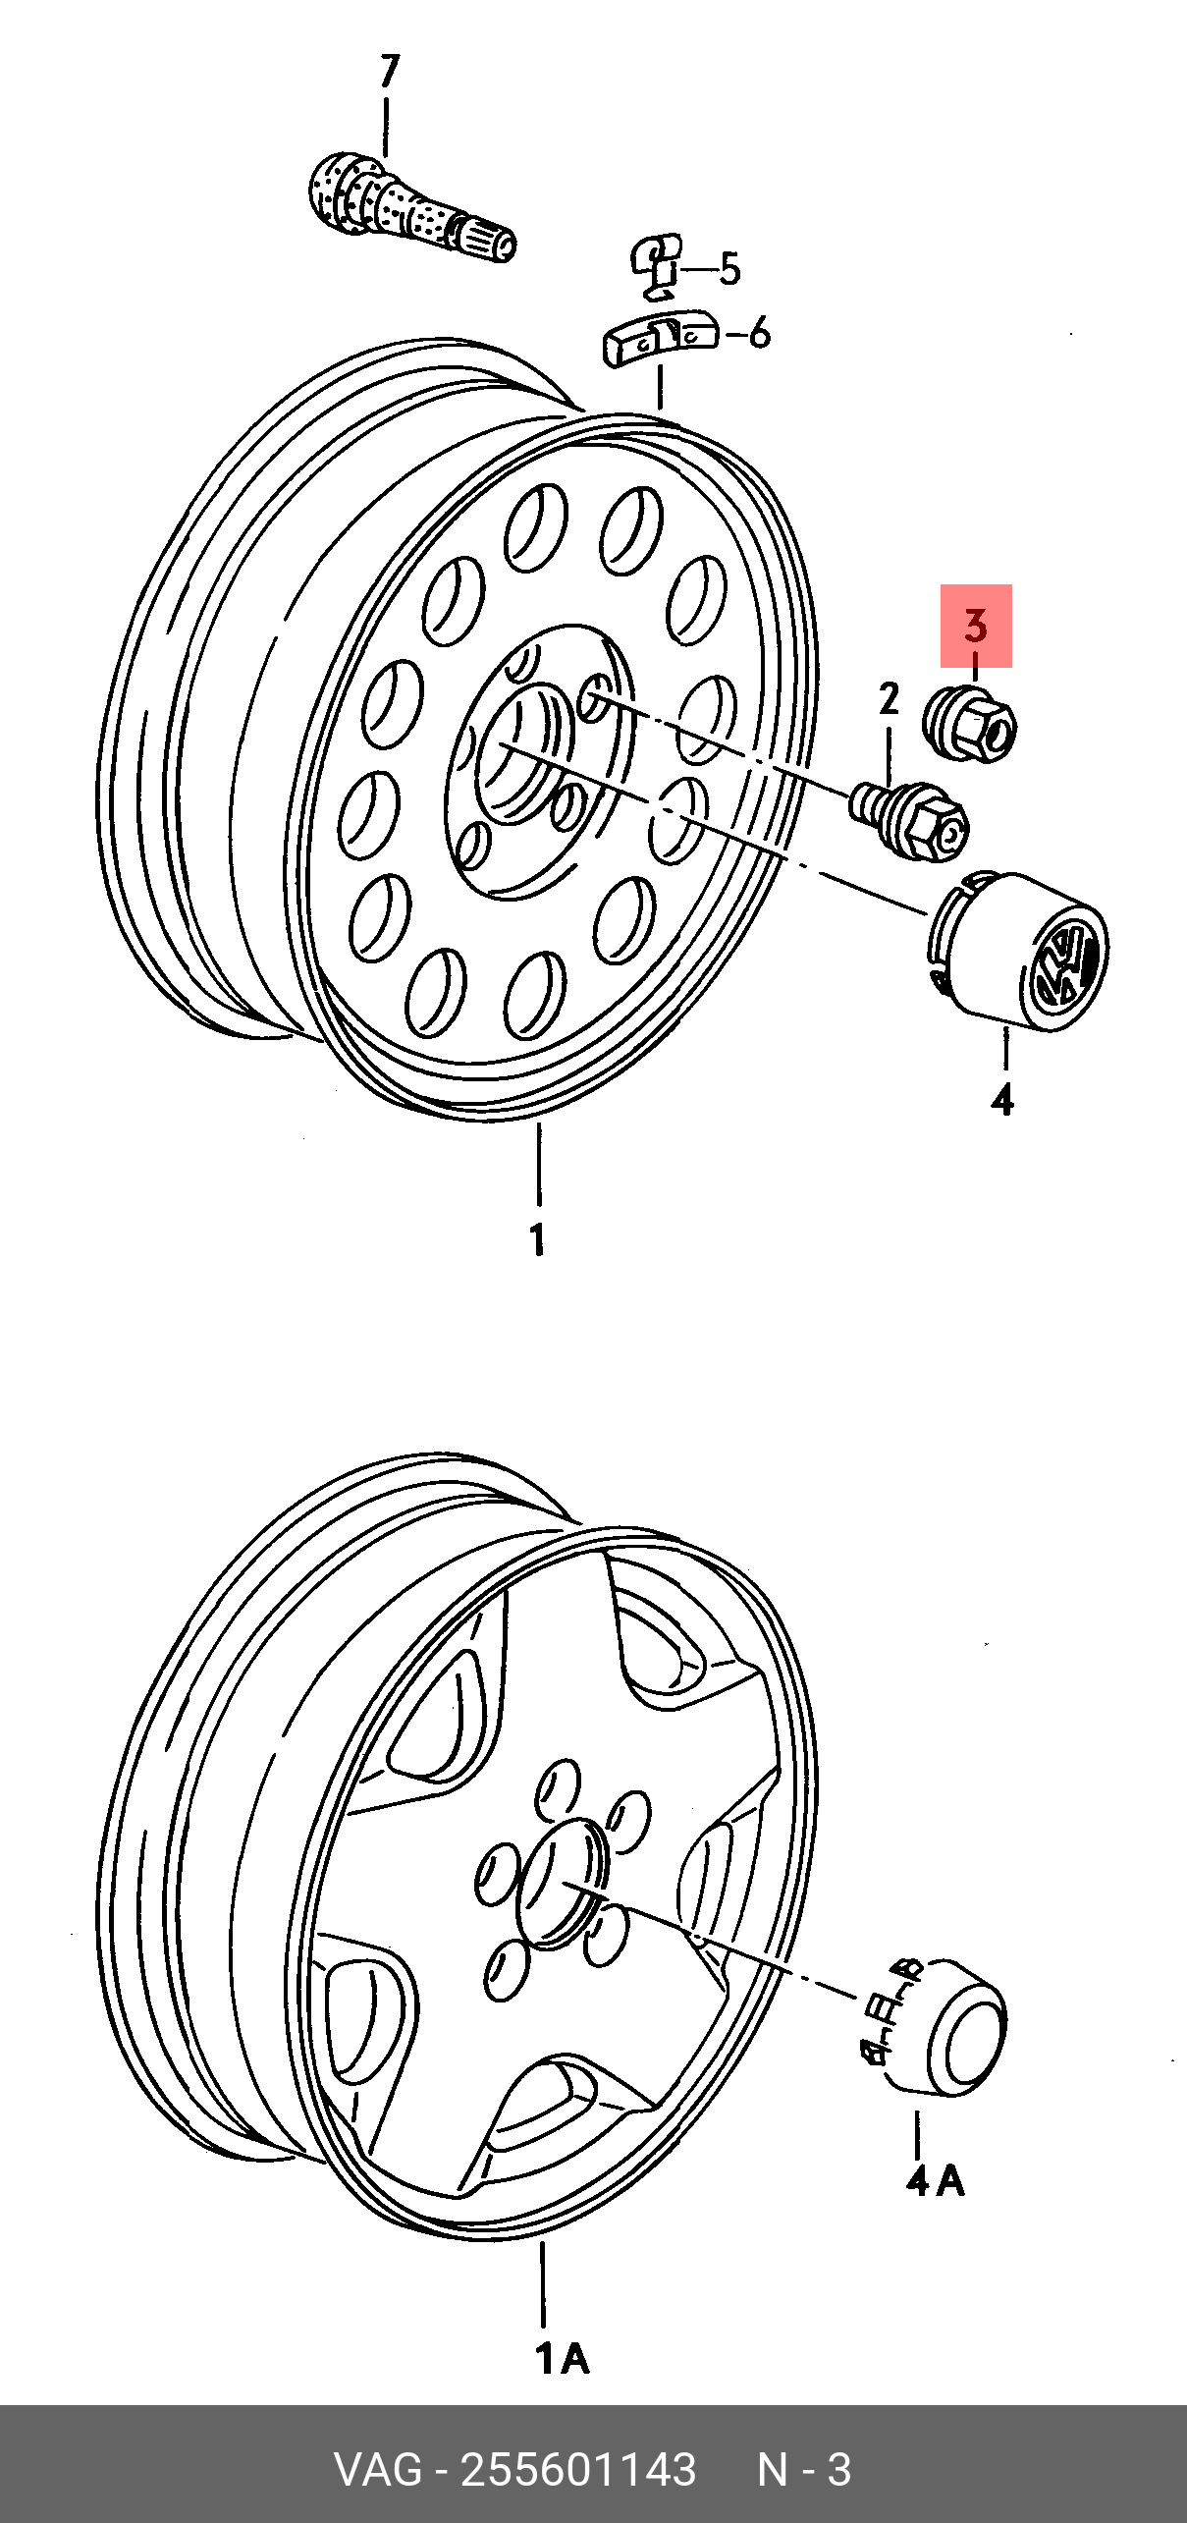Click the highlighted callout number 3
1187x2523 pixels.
(x=975, y=626)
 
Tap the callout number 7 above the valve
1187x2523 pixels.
(x=390, y=72)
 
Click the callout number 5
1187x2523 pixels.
(x=729, y=268)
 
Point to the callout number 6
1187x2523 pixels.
(x=759, y=334)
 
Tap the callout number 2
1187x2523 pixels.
(x=889, y=698)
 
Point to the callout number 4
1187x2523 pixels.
(x=1002, y=1100)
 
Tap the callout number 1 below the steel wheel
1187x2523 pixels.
(x=538, y=1239)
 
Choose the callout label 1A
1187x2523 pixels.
(x=563, y=2358)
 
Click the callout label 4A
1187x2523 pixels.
(x=936, y=2181)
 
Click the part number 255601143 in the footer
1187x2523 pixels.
(x=578, y=2469)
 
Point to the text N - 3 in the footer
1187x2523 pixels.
(x=804, y=2469)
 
